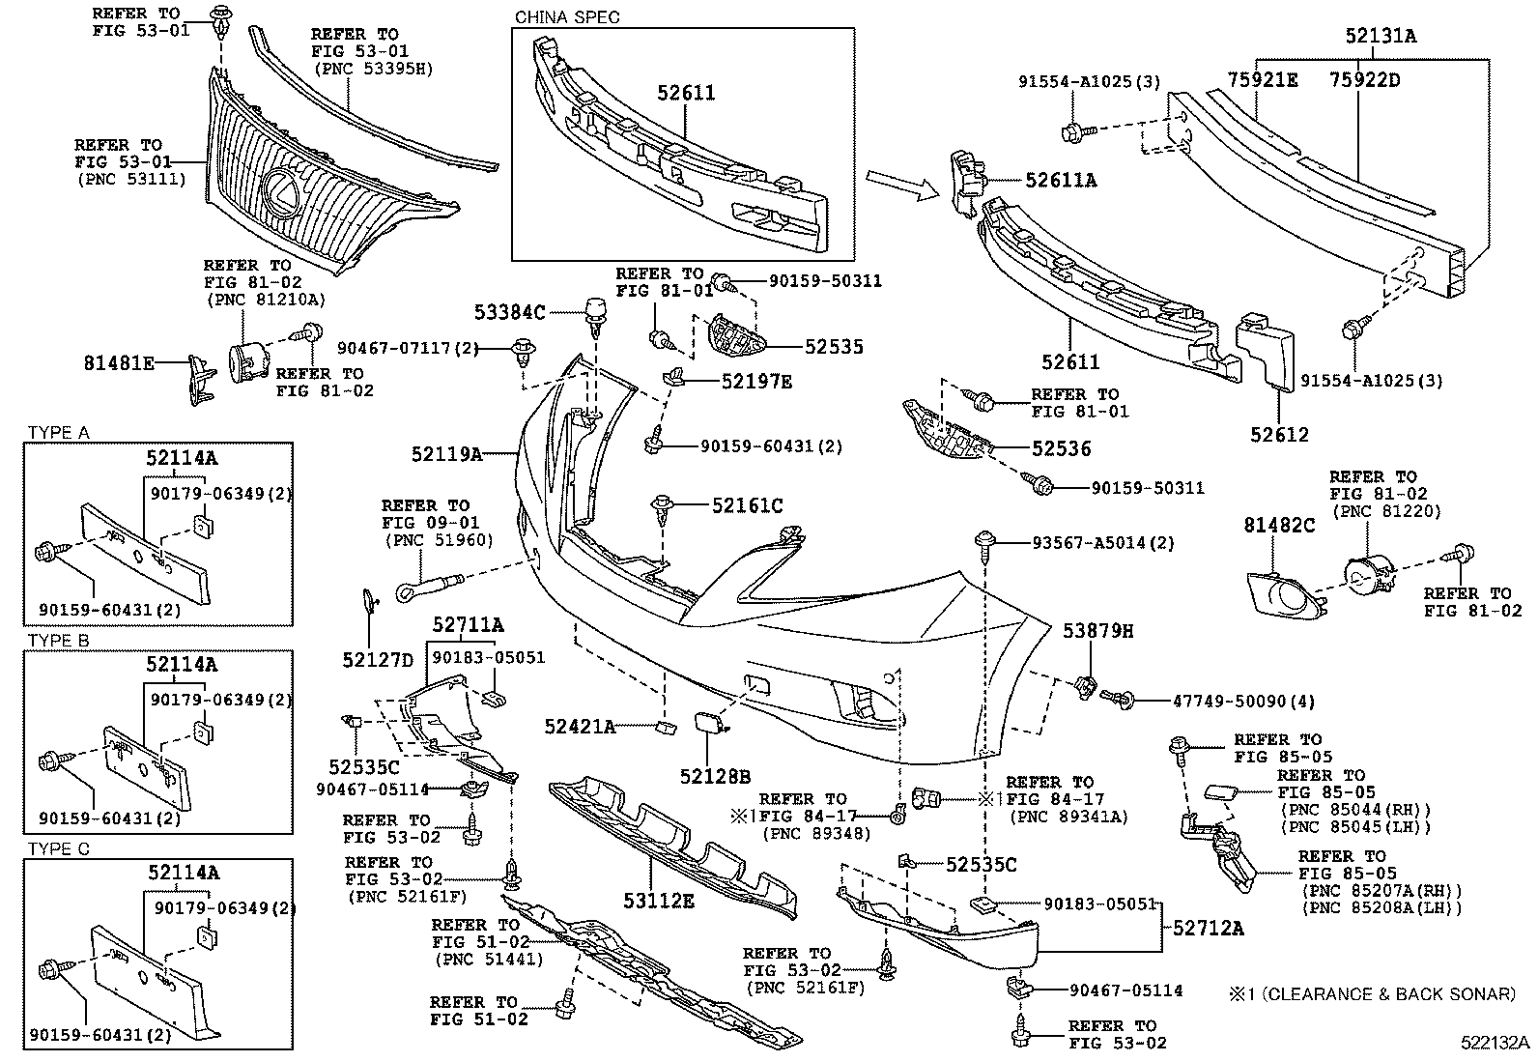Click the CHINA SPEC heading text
pyautogui.click(x=567, y=16)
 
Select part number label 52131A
pyautogui.click(x=1381, y=37)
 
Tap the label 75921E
pyautogui.click(x=1263, y=80)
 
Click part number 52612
pyautogui.click(x=1279, y=436)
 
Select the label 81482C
pyautogui.click(x=1279, y=526)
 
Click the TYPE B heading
pyautogui.click(x=59, y=640)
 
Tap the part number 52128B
pyautogui.click(x=715, y=775)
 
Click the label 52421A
pyautogui.click(x=579, y=726)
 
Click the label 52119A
pyautogui.click(x=445, y=453)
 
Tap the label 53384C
pyautogui.click(x=509, y=312)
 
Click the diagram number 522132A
pyautogui.click(x=1495, y=1043)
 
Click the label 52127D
pyautogui.click(x=377, y=660)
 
